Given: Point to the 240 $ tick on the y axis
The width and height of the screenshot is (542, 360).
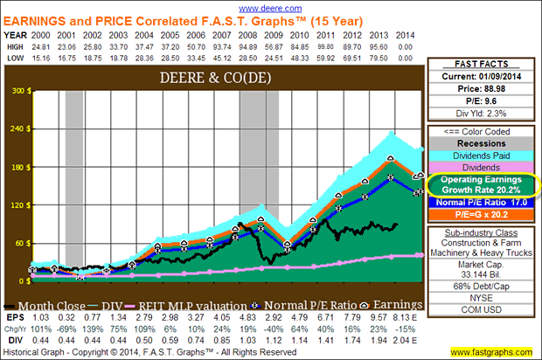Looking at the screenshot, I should pos(17,129).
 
